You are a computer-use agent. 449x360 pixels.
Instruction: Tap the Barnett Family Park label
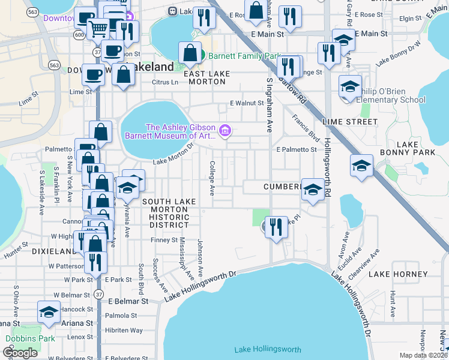[245, 56]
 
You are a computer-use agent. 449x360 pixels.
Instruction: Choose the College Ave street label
[212, 178]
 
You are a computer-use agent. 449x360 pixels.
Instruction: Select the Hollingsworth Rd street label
[328, 169]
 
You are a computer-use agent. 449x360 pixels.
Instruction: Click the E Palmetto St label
[296, 149]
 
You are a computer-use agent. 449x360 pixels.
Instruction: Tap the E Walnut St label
[247, 103]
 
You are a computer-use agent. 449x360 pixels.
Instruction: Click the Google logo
[20, 353]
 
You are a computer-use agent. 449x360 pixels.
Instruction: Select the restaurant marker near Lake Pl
[276, 227]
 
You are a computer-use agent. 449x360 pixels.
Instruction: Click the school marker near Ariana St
[49, 311]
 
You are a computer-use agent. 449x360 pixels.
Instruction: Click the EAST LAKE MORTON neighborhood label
[208, 77]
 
